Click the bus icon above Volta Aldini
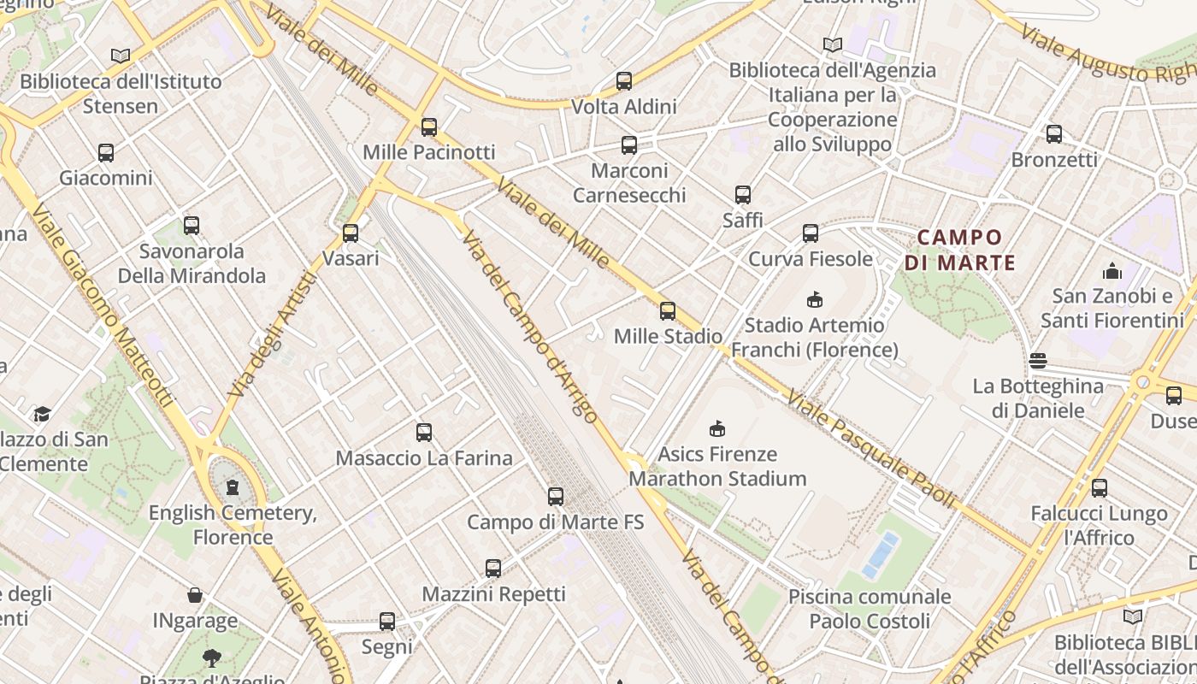[x=624, y=81]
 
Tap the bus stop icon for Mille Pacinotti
[x=429, y=127]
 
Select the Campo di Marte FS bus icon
[x=556, y=496]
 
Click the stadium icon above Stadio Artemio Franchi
[x=814, y=300]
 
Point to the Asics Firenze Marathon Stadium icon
[x=717, y=428]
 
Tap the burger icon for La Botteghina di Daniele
[x=1038, y=361]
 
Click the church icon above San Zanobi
[x=1112, y=271]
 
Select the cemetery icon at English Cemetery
[x=232, y=487]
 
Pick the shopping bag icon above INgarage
[x=195, y=595]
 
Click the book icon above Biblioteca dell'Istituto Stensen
[x=121, y=56]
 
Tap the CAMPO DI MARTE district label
[x=960, y=250]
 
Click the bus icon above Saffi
[x=743, y=195]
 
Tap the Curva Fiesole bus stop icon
[x=810, y=233]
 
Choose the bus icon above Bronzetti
[x=1054, y=134]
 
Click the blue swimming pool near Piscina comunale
[x=881, y=555]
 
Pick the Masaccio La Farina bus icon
[x=424, y=433]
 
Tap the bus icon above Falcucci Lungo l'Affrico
[x=1100, y=488]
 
